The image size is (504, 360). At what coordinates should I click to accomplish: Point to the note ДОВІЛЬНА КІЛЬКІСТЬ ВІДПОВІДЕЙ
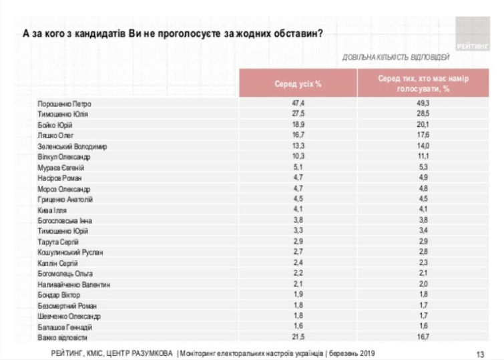395,57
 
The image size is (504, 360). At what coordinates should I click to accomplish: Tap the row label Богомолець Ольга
65,273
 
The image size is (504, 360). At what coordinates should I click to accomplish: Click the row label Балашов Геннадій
66,326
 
